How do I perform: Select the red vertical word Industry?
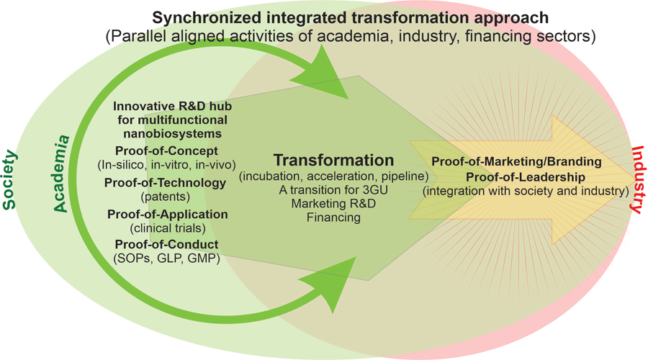point(637,180)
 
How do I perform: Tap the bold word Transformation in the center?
point(333,161)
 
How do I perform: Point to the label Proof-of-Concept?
point(167,151)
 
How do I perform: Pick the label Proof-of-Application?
point(167,214)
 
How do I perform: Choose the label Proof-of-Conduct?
point(167,246)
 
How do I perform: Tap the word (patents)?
point(167,196)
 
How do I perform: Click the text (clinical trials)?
point(167,228)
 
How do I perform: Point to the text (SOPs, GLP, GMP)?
point(167,258)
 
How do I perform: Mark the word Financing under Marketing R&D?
point(333,216)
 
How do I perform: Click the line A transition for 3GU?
point(333,189)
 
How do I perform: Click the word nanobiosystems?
point(171,133)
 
